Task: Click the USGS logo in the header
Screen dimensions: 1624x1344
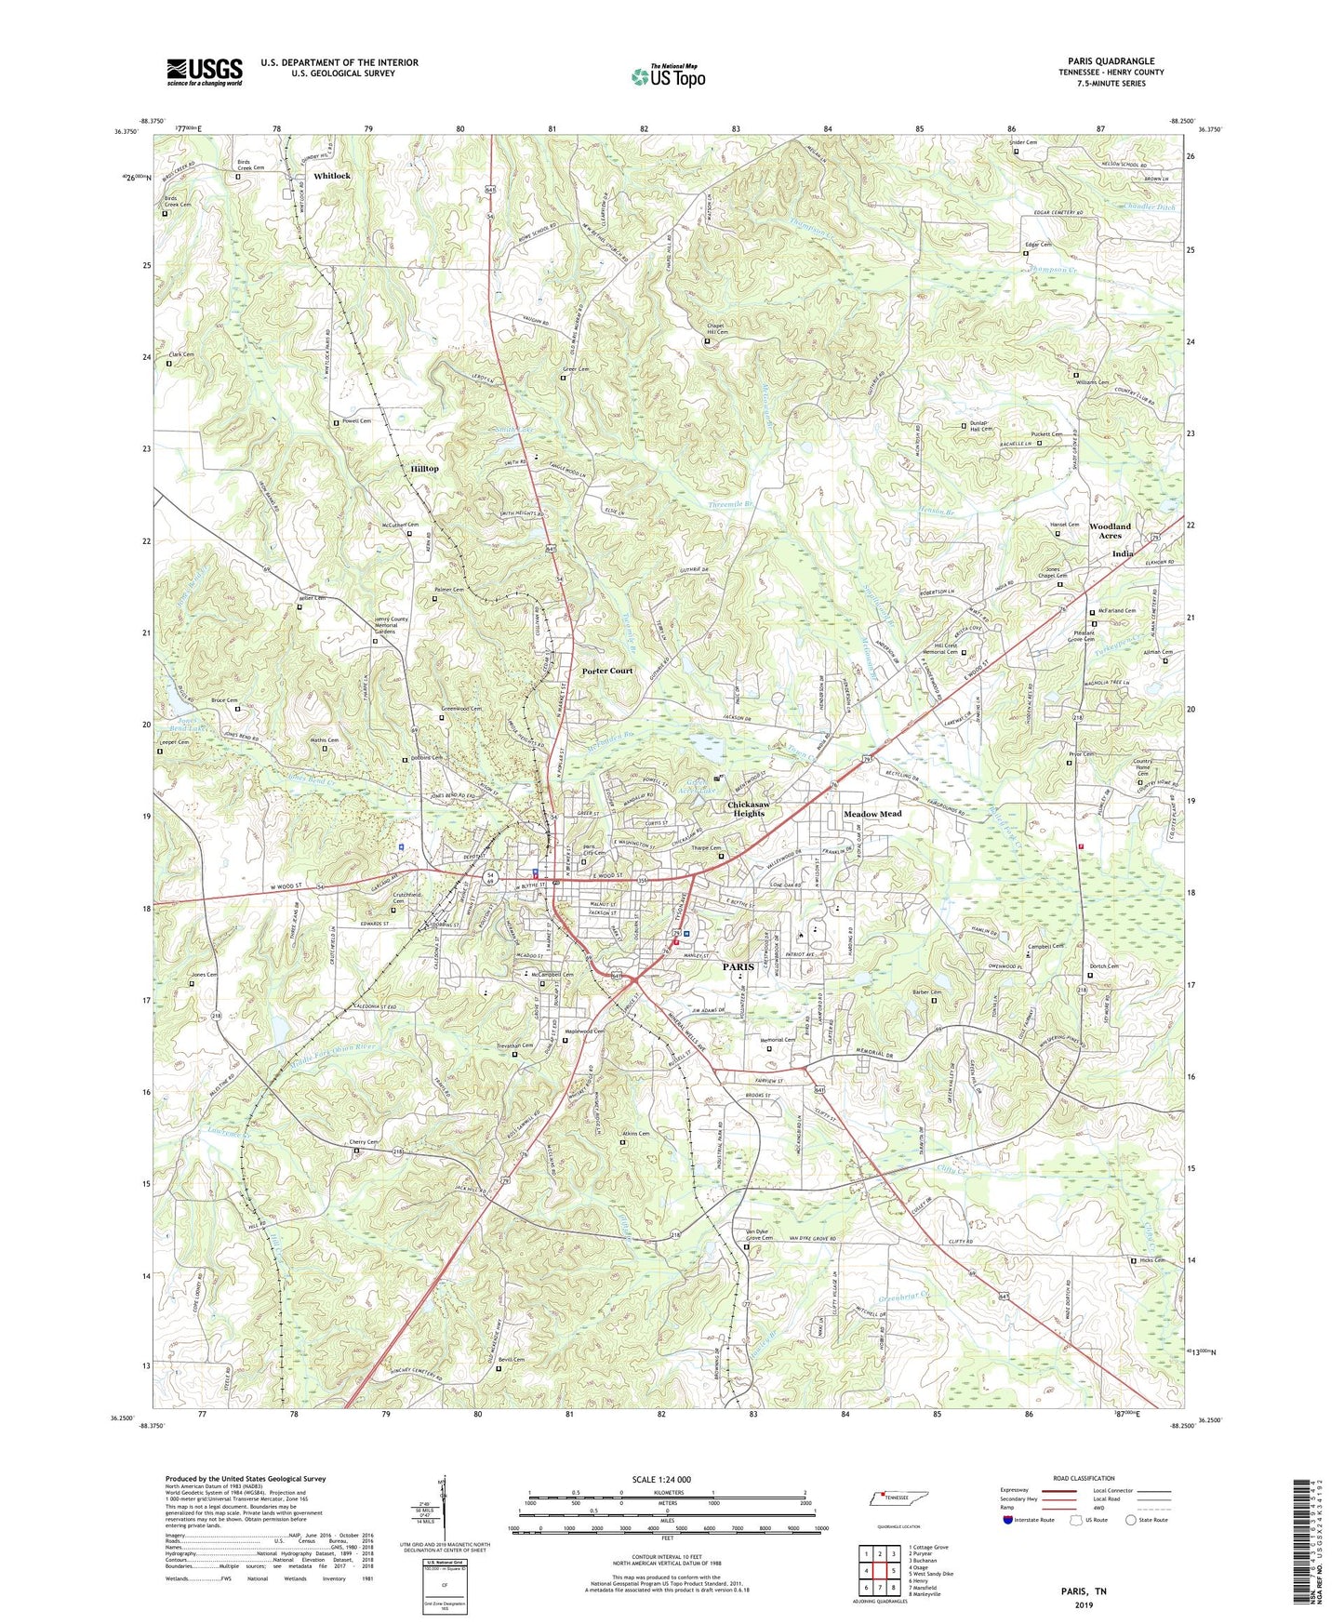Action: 205,71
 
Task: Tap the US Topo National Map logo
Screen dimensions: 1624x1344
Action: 669,75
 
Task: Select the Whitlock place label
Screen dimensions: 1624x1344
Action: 332,176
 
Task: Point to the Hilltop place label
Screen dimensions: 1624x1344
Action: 424,469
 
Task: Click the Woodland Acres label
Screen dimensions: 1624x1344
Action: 1110,531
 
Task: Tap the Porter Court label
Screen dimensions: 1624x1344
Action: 607,671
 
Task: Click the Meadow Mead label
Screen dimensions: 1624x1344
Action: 872,814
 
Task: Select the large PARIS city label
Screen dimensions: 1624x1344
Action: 739,967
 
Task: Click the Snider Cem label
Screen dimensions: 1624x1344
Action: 1023,142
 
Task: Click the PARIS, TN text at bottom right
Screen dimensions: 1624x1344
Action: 1084,1591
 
